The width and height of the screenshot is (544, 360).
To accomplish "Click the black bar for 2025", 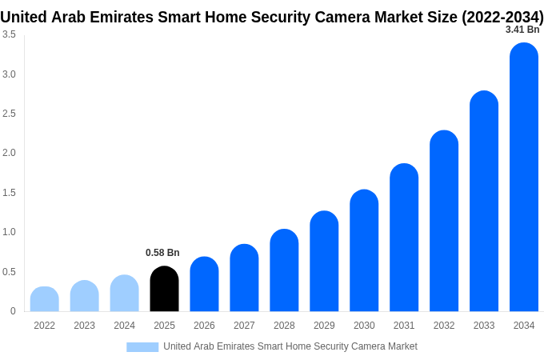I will (164, 289).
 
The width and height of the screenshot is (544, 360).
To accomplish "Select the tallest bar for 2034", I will (524, 178).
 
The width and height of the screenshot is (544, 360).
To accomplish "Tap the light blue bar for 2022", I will (45, 299).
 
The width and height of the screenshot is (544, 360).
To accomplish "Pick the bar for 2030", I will (364, 250).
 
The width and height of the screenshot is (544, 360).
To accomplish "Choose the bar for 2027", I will (244, 278).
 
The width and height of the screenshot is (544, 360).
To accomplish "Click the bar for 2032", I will (444, 221).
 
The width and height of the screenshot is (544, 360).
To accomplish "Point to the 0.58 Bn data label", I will (162, 253).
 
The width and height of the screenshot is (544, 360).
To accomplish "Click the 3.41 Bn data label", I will (522, 30).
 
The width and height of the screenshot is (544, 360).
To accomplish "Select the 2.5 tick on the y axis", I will (9, 114).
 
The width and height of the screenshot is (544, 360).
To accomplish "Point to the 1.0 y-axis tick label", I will (9, 232).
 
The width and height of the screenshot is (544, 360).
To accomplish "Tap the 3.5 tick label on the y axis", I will (9, 34).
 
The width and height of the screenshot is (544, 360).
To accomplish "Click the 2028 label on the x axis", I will (284, 326).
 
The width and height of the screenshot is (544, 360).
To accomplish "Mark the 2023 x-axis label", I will (84, 326).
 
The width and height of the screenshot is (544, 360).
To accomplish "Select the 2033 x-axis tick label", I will (484, 326).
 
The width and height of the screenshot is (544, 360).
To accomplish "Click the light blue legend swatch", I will (142, 346).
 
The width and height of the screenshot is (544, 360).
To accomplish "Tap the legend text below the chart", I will (290, 346).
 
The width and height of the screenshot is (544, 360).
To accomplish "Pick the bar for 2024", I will (124, 294).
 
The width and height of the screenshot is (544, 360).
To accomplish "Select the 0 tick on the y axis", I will (13, 311).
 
